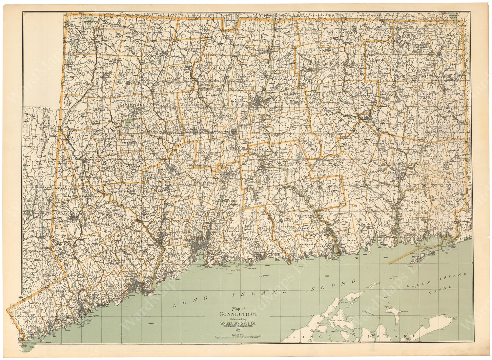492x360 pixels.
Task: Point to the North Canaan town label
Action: [x=108, y=25]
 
